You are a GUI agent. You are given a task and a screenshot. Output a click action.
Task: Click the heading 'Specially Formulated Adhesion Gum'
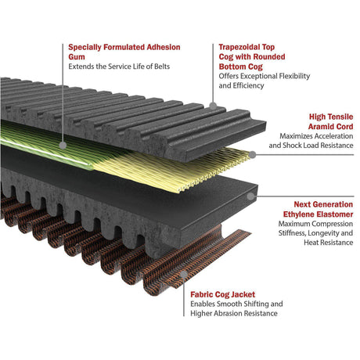click(x=124, y=52)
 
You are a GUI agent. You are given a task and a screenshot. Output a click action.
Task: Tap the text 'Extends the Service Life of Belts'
click(x=119, y=67)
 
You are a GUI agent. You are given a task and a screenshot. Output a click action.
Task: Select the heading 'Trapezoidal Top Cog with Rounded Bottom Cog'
click(x=252, y=57)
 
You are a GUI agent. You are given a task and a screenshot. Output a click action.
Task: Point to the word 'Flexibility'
click(x=294, y=76)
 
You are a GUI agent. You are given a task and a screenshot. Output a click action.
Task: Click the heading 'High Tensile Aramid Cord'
click(x=330, y=121)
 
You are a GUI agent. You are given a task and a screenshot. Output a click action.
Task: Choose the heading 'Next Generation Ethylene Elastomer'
click(x=318, y=209)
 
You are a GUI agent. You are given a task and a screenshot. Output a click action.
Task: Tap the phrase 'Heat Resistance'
click(x=328, y=243)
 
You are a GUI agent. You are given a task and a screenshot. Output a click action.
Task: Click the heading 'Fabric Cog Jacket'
click(x=222, y=294)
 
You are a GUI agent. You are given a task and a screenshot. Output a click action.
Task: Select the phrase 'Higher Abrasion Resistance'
click(x=234, y=313)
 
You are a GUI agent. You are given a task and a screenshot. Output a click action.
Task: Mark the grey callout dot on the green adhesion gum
click(x=63, y=146)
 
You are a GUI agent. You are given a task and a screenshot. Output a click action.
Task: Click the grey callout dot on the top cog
click(x=213, y=106)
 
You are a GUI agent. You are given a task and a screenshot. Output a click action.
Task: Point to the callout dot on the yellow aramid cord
click(x=252, y=155)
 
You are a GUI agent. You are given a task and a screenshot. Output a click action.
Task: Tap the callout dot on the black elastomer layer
click(x=250, y=196)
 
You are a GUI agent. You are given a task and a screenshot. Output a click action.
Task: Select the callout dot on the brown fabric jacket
click(x=184, y=274)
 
